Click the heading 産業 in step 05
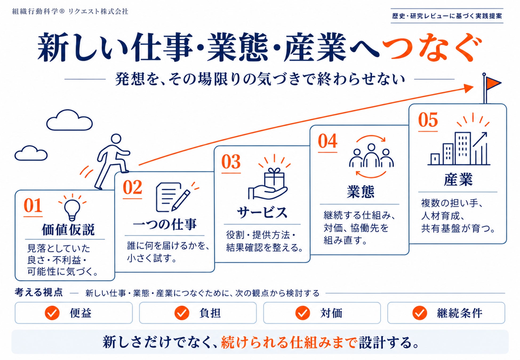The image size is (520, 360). [x=458, y=179]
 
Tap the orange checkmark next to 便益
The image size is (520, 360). [x=52, y=313]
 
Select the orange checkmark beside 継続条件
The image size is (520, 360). [x=419, y=313]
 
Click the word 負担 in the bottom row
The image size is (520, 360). [x=210, y=313]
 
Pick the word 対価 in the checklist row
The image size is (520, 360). [x=331, y=313]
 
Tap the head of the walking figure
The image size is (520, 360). [x=116, y=139]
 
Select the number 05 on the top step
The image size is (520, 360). [x=428, y=120]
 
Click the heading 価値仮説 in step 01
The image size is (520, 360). [x=68, y=229]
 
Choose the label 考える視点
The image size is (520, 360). [x=39, y=293]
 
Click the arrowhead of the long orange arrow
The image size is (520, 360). [x=469, y=88]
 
